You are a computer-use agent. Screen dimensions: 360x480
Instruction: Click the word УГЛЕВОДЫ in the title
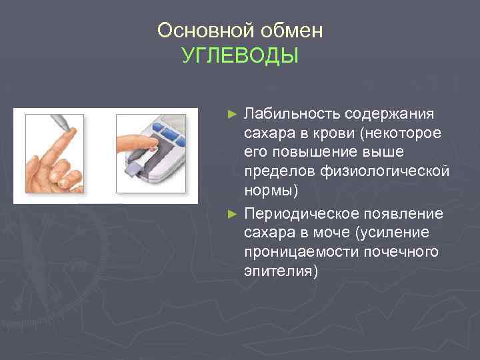pyautogui.click(x=240, y=55)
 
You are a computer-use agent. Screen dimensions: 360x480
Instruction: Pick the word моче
pyautogui.click(x=331, y=233)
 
